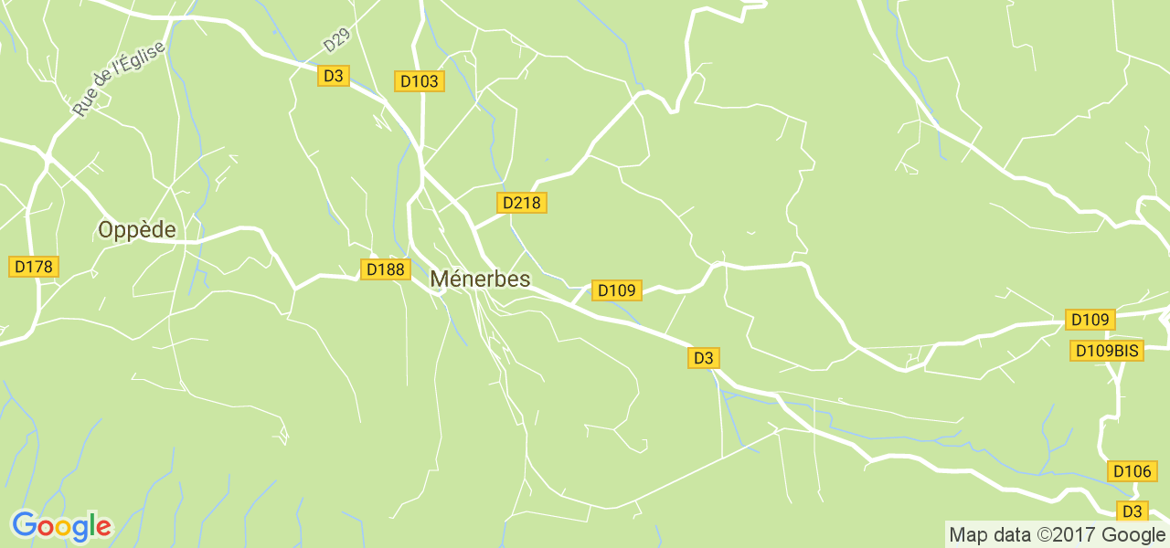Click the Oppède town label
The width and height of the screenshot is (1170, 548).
(137, 230)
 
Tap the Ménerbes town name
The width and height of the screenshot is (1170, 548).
(480, 279)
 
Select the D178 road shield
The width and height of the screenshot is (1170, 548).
(35, 267)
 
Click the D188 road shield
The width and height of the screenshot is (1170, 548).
(385, 269)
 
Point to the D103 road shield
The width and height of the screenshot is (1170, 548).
(420, 81)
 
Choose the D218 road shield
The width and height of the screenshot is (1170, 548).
(522, 203)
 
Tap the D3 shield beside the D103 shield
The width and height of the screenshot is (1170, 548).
(334, 76)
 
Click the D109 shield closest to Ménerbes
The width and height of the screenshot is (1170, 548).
(616, 290)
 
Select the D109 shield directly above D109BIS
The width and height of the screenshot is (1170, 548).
(1090, 320)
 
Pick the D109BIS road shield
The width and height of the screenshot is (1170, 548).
(1106, 351)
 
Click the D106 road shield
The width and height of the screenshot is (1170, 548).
(1132, 471)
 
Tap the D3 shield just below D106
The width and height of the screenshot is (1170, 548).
(1133, 511)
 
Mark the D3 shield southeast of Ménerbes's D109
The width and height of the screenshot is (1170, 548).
(703, 358)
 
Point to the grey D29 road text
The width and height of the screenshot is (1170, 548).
(336, 40)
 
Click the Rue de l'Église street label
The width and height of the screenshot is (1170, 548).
(119, 79)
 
